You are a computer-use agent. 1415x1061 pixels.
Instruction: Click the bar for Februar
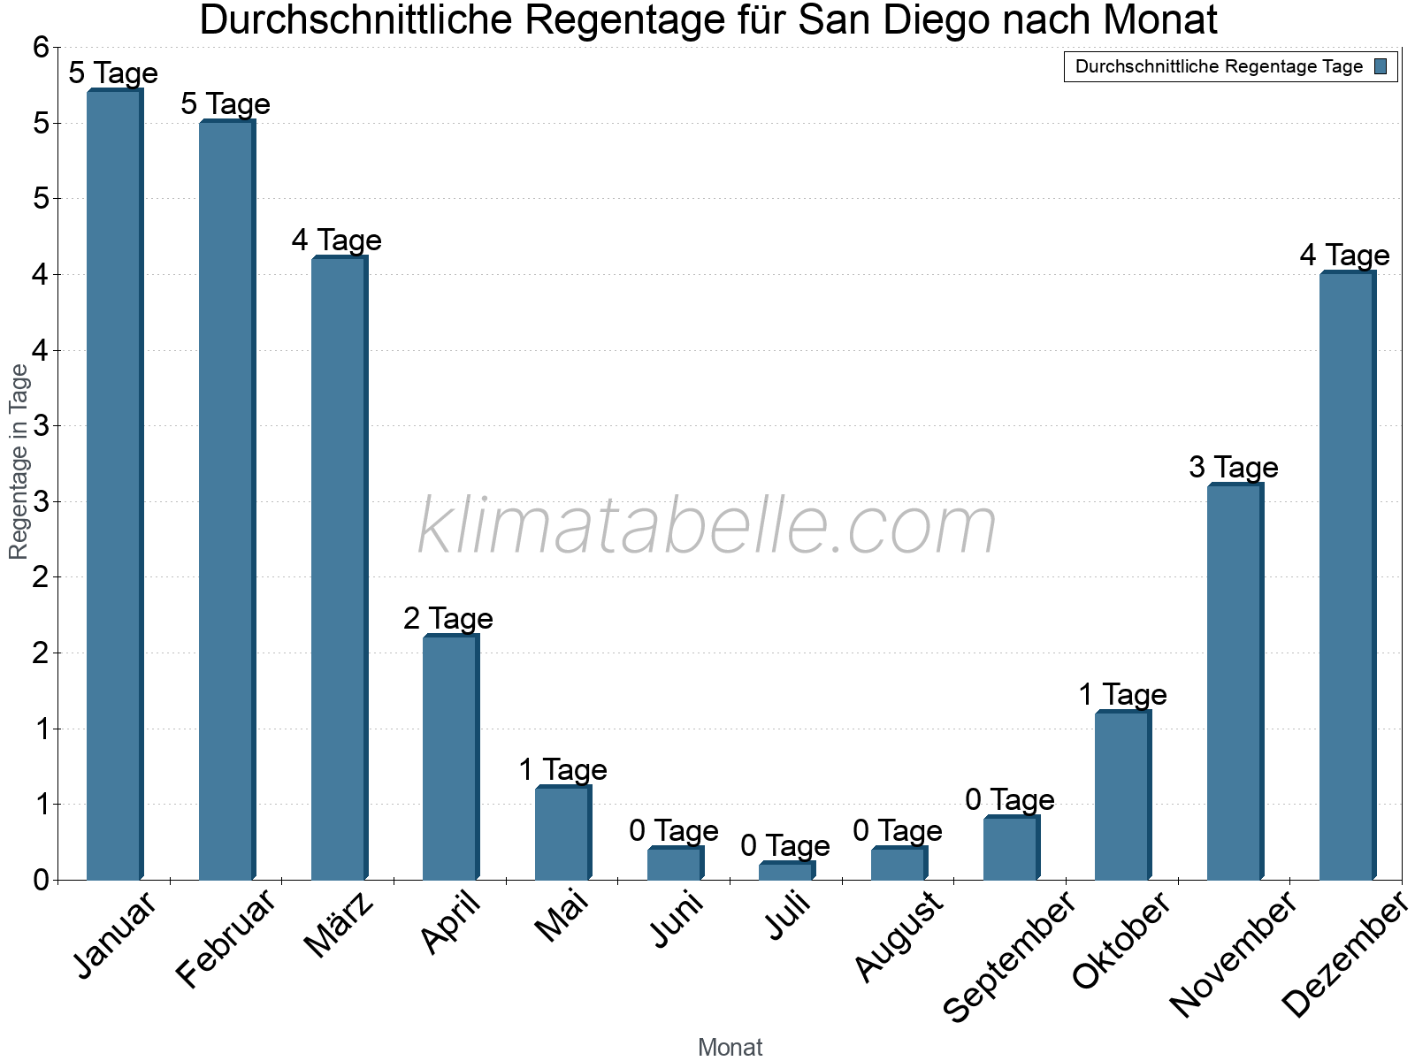[226, 500]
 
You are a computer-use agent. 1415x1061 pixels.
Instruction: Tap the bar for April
[450, 758]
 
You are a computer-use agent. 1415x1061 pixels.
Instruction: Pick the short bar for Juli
[786, 871]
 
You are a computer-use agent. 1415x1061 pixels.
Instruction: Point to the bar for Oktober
[1122, 796]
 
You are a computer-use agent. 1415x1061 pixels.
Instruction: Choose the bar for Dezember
[1347, 576]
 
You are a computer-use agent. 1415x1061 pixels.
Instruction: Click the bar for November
[1235, 682]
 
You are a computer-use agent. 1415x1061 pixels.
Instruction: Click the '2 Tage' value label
[448, 619]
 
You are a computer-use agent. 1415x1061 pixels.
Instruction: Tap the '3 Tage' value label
[1233, 468]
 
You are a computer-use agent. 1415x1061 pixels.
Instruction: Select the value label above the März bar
[337, 240]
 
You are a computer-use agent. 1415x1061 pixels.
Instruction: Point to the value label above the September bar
[1009, 800]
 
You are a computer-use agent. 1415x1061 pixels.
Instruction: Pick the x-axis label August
[899, 936]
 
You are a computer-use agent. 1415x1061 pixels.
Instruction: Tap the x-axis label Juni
[677, 920]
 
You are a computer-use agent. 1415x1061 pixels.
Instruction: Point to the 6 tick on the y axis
[41, 48]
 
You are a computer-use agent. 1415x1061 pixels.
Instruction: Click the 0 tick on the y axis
[41, 881]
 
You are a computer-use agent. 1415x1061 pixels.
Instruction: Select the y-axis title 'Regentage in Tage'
[19, 462]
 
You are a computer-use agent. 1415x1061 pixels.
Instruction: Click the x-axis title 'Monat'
[730, 1048]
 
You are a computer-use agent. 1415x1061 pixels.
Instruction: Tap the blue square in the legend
[1381, 66]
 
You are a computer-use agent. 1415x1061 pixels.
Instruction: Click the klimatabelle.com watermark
[707, 526]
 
